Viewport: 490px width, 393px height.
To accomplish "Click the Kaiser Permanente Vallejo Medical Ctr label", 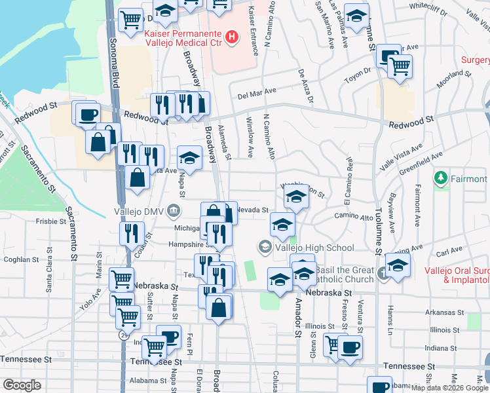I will coord(185,38).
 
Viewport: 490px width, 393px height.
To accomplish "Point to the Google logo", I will coord(22,384).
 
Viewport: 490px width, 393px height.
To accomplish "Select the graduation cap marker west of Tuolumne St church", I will coord(304,272).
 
